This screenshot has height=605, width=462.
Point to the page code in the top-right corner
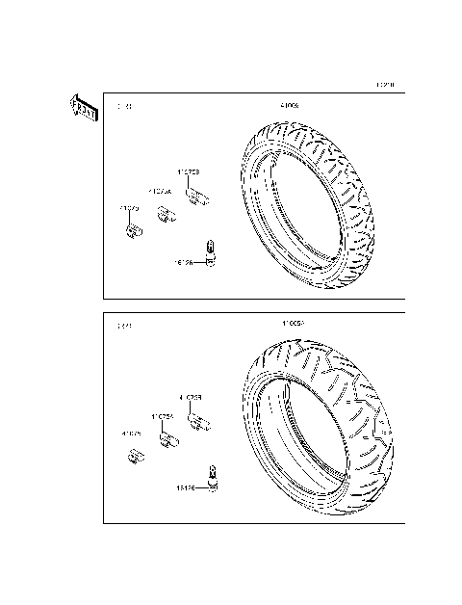(x=385, y=85)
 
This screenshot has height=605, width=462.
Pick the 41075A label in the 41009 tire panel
(x=160, y=192)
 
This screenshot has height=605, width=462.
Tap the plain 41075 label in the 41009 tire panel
(x=129, y=208)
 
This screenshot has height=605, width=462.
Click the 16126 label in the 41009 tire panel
(x=184, y=261)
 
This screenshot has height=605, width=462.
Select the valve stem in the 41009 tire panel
(x=211, y=253)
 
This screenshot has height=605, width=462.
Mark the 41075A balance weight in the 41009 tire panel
(x=166, y=215)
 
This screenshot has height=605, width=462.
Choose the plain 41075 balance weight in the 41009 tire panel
(x=135, y=230)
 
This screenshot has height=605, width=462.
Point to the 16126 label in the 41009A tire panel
(x=185, y=488)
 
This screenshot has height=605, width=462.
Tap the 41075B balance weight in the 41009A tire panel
(x=202, y=423)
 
